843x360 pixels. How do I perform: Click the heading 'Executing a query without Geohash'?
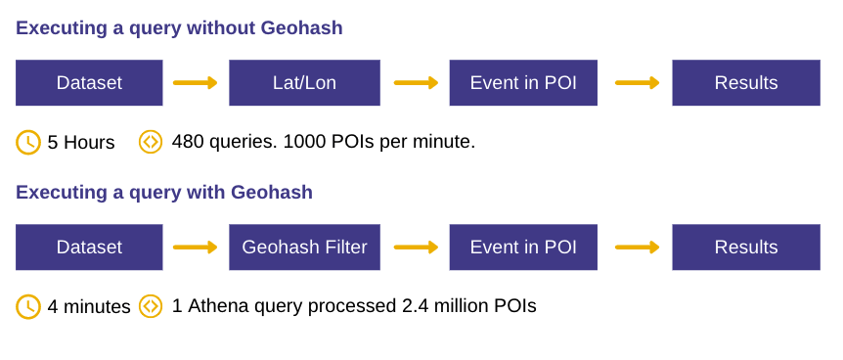click(179, 28)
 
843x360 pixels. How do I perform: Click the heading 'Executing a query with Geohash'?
click(164, 193)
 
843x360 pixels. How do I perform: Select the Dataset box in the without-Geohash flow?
click(89, 83)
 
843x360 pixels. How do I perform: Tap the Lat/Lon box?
click(304, 83)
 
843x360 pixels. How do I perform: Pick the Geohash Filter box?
click(304, 247)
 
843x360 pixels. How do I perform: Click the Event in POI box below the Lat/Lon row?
click(523, 247)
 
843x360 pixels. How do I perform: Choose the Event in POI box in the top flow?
click(523, 83)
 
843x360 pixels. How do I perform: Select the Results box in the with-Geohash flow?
click(746, 247)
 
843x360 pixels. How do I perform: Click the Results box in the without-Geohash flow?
click(746, 83)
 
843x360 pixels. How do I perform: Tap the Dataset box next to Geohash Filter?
click(89, 247)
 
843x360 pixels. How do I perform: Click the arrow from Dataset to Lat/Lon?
click(196, 83)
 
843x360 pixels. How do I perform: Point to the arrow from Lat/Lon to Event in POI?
click(416, 83)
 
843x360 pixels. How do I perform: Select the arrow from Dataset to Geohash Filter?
click(196, 247)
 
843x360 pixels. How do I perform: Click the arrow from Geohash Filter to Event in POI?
click(416, 247)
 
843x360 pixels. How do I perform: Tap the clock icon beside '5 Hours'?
click(28, 142)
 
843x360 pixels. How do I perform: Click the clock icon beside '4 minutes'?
click(28, 306)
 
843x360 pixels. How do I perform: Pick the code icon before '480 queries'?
click(151, 142)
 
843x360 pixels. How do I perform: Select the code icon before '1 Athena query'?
click(151, 306)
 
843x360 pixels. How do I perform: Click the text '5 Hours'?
click(81, 143)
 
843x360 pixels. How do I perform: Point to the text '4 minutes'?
click(89, 307)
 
